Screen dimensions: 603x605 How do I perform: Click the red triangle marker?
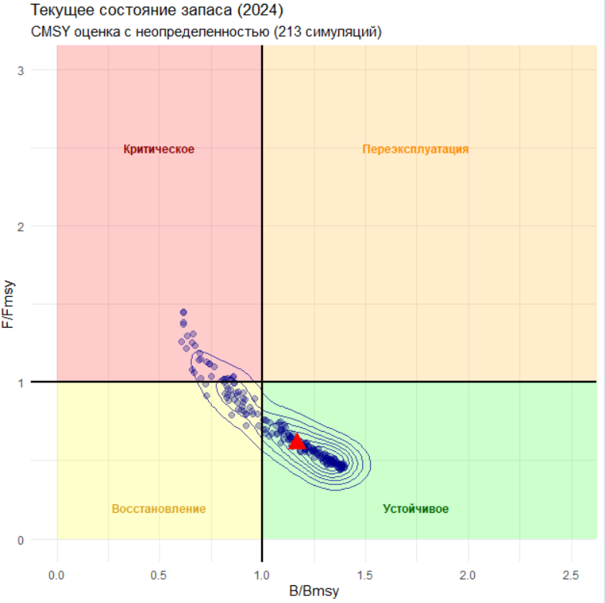pyautogui.click(x=297, y=441)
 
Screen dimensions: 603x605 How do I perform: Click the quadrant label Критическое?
pyautogui.click(x=159, y=149)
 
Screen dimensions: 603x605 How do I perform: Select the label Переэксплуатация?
pyautogui.click(x=415, y=149)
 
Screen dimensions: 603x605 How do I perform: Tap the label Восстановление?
pyautogui.click(x=159, y=509)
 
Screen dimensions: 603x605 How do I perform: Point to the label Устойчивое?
pyautogui.click(x=415, y=509)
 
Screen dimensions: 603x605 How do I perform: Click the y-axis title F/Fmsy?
pyautogui.click(x=10, y=304)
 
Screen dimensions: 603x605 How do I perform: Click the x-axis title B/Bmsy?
pyautogui.click(x=314, y=591)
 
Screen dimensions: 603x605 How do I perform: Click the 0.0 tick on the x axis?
pyautogui.click(x=56, y=575)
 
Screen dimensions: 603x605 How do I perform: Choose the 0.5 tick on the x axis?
pyautogui.click(x=160, y=575)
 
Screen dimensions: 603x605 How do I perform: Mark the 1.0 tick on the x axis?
pyautogui.click(x=262, y=575)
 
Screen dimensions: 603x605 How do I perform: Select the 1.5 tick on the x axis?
pyautogui.click(x=365, y=575)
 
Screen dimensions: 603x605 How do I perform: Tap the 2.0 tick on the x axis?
pyautogui.click(x=468, y=575)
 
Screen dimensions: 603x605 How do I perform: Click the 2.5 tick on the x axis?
pyautogui.click(x=571, y=575)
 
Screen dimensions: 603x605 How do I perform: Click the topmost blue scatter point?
pyautogui.click(x=183, y=312)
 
